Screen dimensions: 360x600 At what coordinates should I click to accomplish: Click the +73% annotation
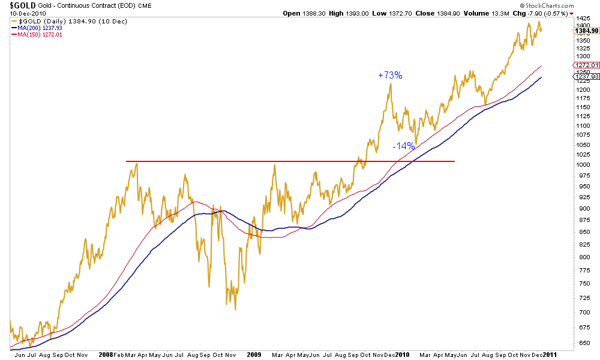[390, 76]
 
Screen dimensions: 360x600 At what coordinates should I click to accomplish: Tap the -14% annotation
[403, 146]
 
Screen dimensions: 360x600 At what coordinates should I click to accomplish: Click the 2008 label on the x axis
[106, 355]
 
